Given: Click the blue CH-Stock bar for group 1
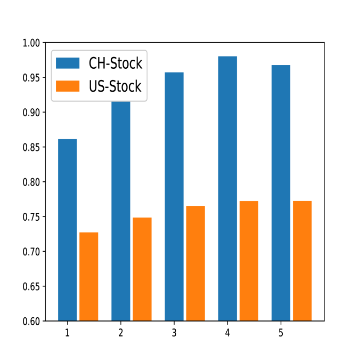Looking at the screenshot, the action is click(x=67, y=230).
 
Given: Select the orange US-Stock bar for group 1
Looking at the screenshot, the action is click(x=89, y=277).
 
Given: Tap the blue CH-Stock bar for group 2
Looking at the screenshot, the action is click(x=121, y=211).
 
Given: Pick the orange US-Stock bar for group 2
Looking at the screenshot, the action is click(x=142, y=269).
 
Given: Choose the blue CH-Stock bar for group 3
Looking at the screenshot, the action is click(x=174, y=197).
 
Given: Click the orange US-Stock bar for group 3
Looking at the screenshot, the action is click(x=195, y=263).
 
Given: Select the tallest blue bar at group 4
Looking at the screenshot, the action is click(x=227, y=189).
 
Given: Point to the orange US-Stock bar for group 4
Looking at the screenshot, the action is click(x=249, y=261).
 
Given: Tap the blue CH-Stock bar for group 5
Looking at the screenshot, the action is click(x=281, y=193).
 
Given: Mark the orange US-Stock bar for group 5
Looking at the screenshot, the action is click(x=302, y=261).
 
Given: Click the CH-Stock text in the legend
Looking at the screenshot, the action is click(x=116, y=63).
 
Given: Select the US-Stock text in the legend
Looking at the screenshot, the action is click(x=115, y=86).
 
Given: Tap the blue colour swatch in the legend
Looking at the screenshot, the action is click(x=68, y=63).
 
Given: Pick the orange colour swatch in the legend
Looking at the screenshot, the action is click(x=68, y=86).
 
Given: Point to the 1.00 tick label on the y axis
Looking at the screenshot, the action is click(x=31, y=43).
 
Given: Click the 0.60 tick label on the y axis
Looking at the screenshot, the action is click(x=31, y=322).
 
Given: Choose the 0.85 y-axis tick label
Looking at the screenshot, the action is click(x=31, y=147).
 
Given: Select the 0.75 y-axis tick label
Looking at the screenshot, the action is click(x=31, y=217).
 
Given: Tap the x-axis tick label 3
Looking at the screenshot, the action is click(x=174, y=333).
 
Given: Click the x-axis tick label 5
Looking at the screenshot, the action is click(x=281, y=333).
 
